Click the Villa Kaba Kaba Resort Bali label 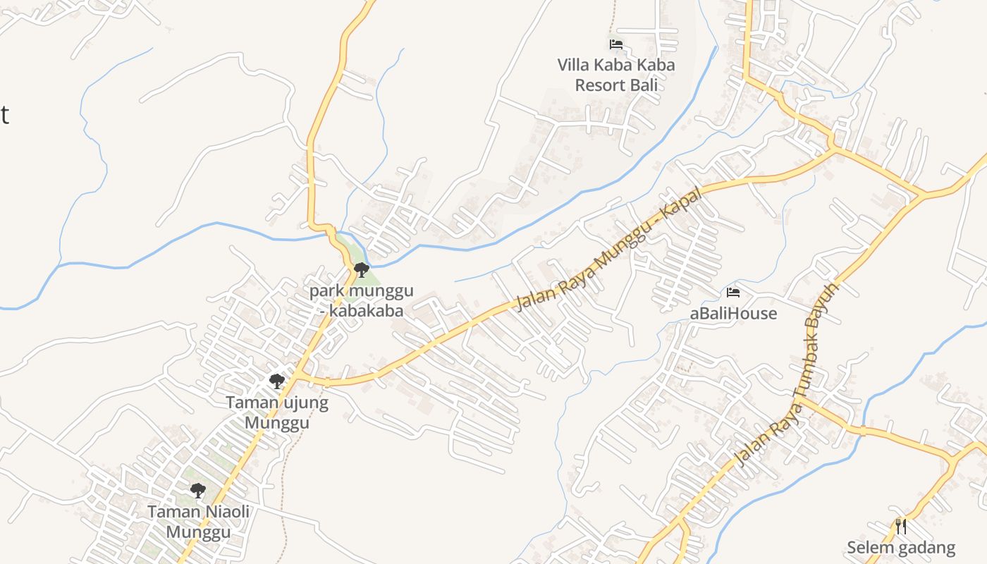tap(615, 75)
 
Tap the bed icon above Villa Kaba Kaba tap(616, 44)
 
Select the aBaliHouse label tap(733, 314)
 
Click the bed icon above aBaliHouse tap(733, 292)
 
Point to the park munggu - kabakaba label tap(362, 301)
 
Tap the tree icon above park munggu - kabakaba tap(362, 269)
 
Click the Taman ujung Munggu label tap(277, 413)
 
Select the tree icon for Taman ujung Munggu tap(277, 381)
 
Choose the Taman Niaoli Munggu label tap(198, 522)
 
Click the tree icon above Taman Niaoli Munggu tap(198, 490)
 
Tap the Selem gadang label tap(901, 548)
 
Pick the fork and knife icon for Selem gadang tap(901, 527)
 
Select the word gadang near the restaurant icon tap(927, 548)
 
